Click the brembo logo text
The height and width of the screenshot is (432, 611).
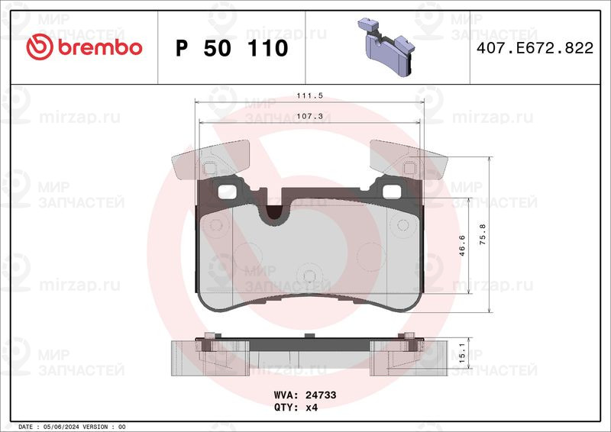coord(100,47)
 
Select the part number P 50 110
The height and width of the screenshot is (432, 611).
coord(232,48)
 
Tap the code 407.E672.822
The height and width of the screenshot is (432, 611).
coord(535,48)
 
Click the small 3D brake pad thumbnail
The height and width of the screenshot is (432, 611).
coord(386,47)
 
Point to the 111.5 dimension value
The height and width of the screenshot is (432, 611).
coord(310,95)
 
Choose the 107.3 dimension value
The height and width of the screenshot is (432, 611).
coord(310,116)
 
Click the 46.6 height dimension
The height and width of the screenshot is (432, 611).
coord(462,246)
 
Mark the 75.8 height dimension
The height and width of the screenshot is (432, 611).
coord(483,234)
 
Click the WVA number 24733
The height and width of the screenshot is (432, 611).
coord(321,395)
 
